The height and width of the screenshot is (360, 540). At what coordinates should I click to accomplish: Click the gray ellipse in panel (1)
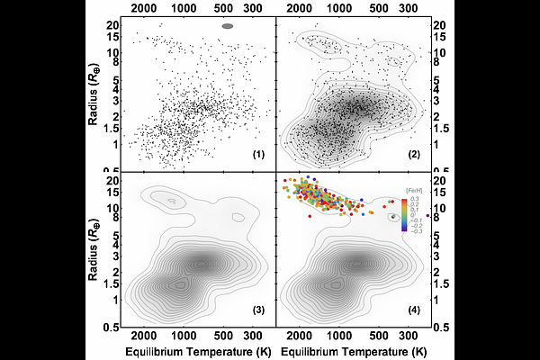(228, 27)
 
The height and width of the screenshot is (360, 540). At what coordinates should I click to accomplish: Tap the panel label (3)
(257, 310)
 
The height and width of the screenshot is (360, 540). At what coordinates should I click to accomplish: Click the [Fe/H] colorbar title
(414, 189)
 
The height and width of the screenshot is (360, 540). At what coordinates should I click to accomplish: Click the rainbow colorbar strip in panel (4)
(404, 214)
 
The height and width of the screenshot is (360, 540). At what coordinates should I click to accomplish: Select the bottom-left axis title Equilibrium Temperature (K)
(194, 350)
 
